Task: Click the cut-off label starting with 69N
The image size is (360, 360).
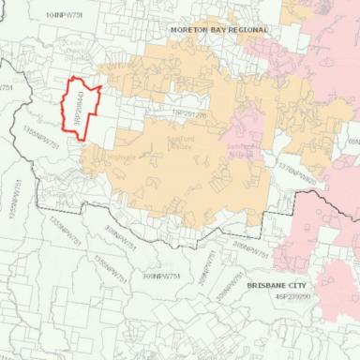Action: coord(352,141)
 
